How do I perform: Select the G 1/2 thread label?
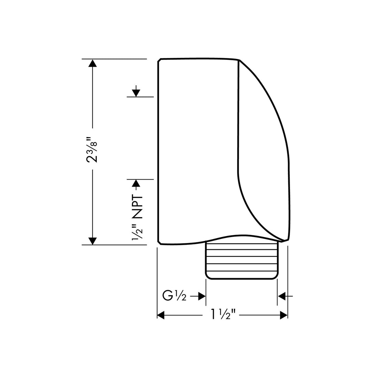pos(174,296)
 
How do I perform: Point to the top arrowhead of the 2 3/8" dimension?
pos(92,63)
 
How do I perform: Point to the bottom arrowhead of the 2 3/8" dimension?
pos(92,241)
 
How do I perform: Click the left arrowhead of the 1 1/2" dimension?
pos(161,315)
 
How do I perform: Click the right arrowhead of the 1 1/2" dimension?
pos(284,315)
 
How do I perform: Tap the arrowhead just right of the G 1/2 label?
pos(202,296)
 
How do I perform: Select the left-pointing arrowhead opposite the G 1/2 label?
pos(282,296)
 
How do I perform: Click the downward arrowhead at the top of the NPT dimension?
pos(136,93)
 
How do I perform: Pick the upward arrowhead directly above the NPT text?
pos(136,183)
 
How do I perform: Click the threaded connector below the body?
pos(242,259)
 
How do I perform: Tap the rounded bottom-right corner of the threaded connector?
pos(275,276)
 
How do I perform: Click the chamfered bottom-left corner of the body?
pos(159,242)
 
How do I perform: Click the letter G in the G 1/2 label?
pos(168,296)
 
